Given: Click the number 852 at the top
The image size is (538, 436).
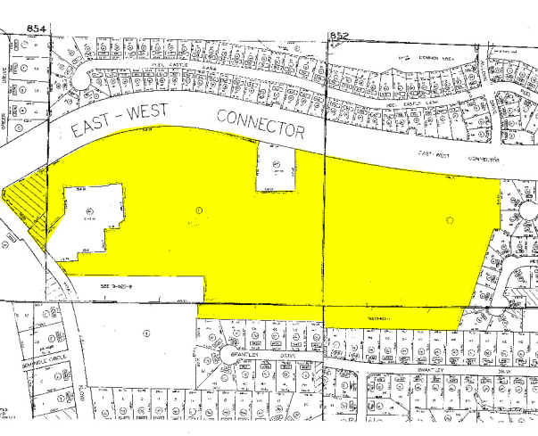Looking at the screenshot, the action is click(x=340, y=35).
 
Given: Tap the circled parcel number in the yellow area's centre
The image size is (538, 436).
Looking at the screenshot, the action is click(x=198, y=209).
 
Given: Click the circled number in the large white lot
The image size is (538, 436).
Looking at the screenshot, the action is click(x=145, y=332).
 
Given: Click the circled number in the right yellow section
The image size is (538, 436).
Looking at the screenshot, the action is click(x=462, y=218).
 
